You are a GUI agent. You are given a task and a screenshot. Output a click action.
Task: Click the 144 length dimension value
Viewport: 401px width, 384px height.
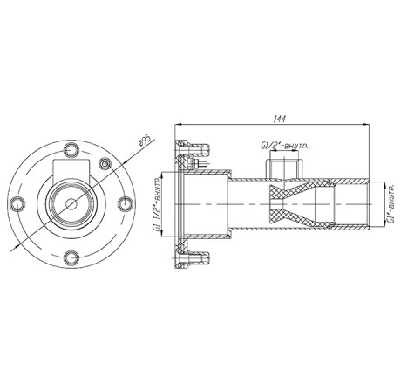tap(280, 119)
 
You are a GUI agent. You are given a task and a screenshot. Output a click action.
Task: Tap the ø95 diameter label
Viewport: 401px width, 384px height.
tap(146, 140)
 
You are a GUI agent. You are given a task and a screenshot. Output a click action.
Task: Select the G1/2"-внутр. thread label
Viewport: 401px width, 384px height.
tap(284, 146)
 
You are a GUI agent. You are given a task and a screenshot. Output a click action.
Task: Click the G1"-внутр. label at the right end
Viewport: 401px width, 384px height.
tap(391, 203)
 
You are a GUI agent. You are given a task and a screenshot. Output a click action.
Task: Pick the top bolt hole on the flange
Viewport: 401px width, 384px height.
tap(71, 150)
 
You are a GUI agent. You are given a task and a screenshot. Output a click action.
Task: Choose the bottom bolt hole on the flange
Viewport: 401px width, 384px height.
tap(71, 257)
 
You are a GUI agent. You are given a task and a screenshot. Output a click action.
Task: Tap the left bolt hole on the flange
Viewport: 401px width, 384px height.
tap(17, 204)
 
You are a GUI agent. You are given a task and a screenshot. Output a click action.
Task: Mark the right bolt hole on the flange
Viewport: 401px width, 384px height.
tap(126, 203)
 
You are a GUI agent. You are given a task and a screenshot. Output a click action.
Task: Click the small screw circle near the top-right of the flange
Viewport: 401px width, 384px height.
tap(105, 163)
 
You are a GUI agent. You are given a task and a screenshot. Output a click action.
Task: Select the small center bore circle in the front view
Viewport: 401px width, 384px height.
tap(71, 204)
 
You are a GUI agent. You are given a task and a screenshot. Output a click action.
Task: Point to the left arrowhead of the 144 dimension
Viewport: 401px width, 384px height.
tap(178, 125)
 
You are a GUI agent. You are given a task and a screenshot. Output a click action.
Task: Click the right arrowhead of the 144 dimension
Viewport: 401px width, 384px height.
tap(366, 125)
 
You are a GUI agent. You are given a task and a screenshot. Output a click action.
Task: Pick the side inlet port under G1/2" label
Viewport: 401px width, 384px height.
tap(285, 168)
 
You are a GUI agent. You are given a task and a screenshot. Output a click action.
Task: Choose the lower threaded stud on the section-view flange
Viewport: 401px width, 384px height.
tap(199, 257)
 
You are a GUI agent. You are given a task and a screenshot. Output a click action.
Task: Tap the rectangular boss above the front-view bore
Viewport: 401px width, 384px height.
tap(71, 170)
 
